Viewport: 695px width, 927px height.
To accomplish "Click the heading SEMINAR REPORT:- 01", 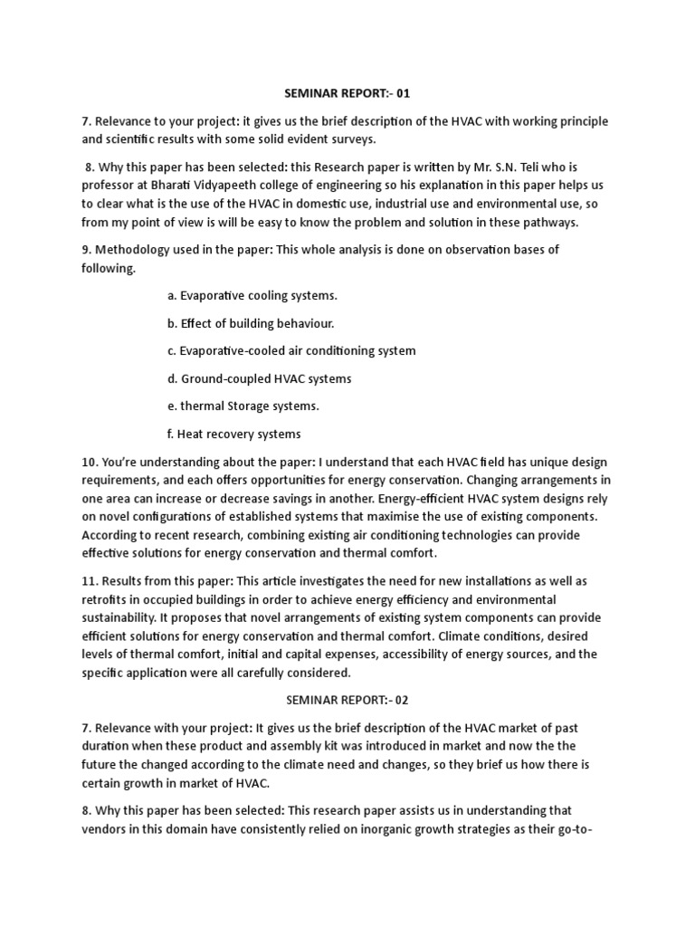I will point(348,92).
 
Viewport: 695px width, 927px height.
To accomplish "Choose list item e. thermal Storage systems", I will point(243,406).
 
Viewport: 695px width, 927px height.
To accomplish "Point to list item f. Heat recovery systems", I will point(233,434).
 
